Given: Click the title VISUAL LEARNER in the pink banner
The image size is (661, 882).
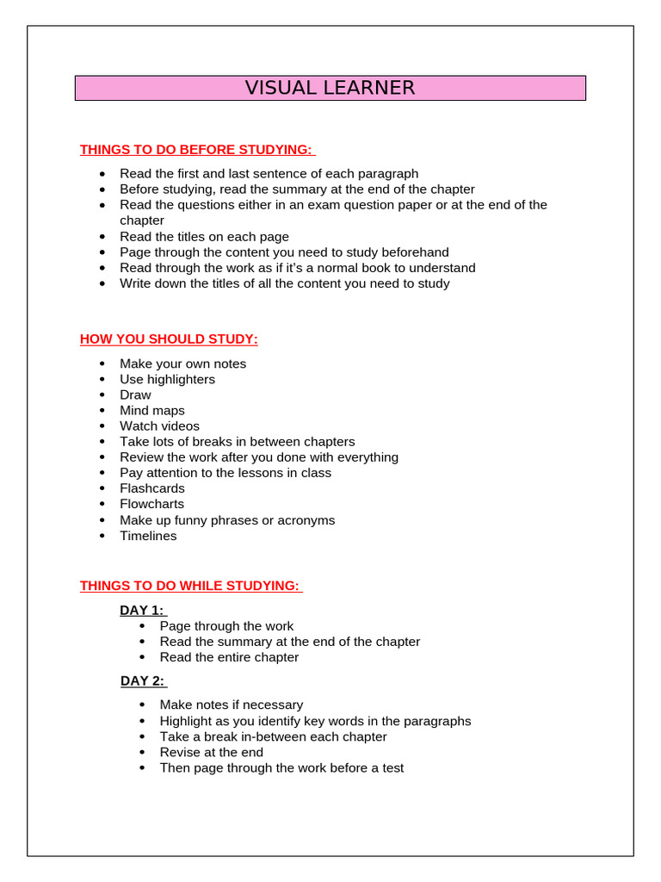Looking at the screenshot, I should [x=330, y=88].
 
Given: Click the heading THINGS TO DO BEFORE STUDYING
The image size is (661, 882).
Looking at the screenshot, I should [x=196, y=150].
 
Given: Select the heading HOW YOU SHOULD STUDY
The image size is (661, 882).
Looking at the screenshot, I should [x=169, y=339].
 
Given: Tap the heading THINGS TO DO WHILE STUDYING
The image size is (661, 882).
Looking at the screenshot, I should [x=190, y=586].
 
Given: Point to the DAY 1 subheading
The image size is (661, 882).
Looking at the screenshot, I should [x=142, y=611].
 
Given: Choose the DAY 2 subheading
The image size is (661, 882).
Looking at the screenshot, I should [x=143, y=681].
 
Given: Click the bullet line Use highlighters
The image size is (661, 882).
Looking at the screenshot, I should [x=167, y=379].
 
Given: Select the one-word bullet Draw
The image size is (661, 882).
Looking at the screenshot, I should [x=135, y=394].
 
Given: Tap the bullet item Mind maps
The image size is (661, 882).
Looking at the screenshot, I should [x=152, y=411].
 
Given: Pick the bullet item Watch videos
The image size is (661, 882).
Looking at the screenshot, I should [x=159, y=426].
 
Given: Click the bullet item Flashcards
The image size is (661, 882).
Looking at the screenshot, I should [x=152, y=488].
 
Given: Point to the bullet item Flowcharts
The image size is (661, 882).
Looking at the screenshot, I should [x=151, y=504].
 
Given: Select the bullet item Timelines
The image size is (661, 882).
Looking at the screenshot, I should [x=148, y=536].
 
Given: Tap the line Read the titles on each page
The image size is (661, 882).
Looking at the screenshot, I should [x=204, y=237].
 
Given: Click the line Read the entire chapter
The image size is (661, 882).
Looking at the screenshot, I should [x=229, y=657].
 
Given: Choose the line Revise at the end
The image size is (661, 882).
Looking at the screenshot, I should [x=212, y=752].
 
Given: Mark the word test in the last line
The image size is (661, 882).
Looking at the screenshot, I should [x=392, y=767].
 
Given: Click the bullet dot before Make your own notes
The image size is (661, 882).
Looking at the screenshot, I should [x=102, y=364].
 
